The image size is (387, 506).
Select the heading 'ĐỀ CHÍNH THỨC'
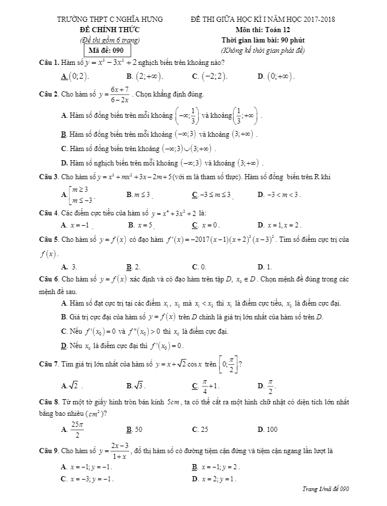tap(110, 29)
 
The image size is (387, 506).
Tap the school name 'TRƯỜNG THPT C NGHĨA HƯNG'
tap(110, 20)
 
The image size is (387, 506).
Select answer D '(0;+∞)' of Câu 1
tap(280, 76)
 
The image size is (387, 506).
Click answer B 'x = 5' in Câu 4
tap(143, 225)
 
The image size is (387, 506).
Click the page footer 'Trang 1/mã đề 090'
tap(326, 489)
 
